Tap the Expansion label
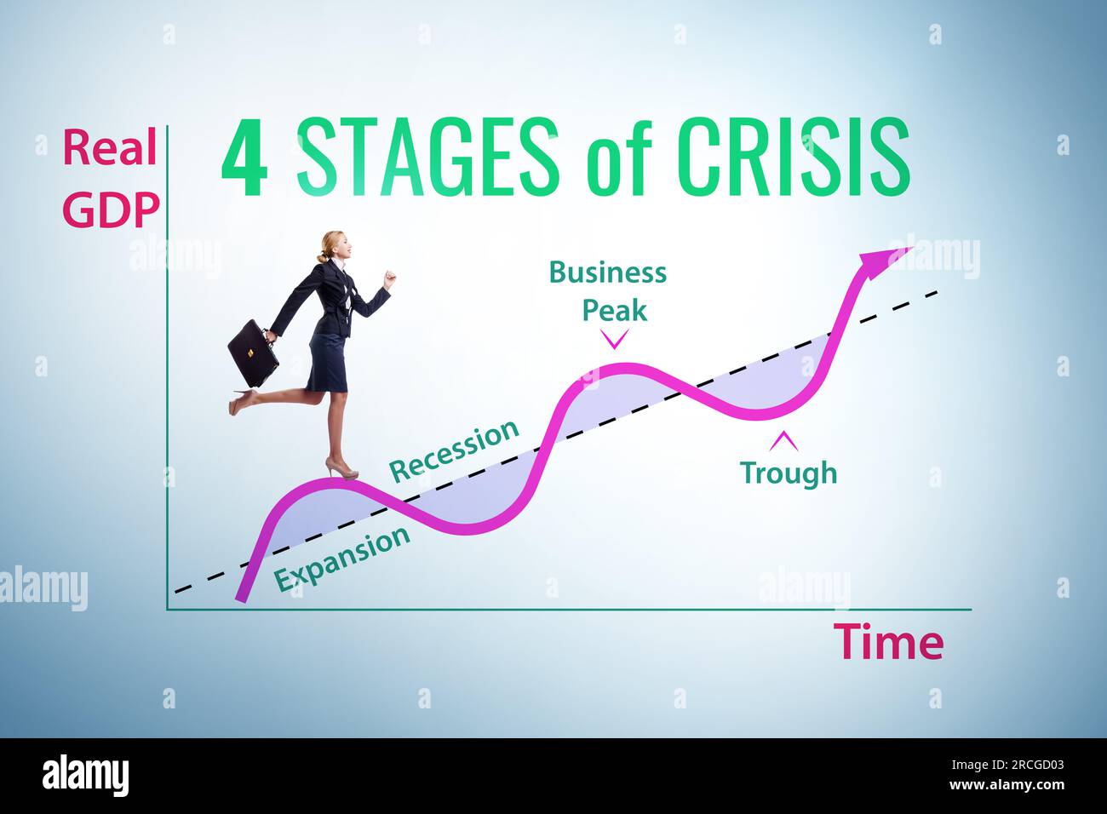(342, 559)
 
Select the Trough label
(788, 473)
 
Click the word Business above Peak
(607, 272)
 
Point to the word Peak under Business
(614, 310)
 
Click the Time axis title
(888, 642)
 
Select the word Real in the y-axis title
(110, 148)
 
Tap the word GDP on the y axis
(111, 209)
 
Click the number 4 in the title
(244, 158)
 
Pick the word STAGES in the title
(428, 158)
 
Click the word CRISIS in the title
(793, 158)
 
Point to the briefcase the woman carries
(253, 353)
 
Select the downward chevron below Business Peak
(614, 341)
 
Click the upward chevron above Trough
(783, 440)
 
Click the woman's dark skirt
(328, 362)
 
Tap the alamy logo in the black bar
(85, 776)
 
